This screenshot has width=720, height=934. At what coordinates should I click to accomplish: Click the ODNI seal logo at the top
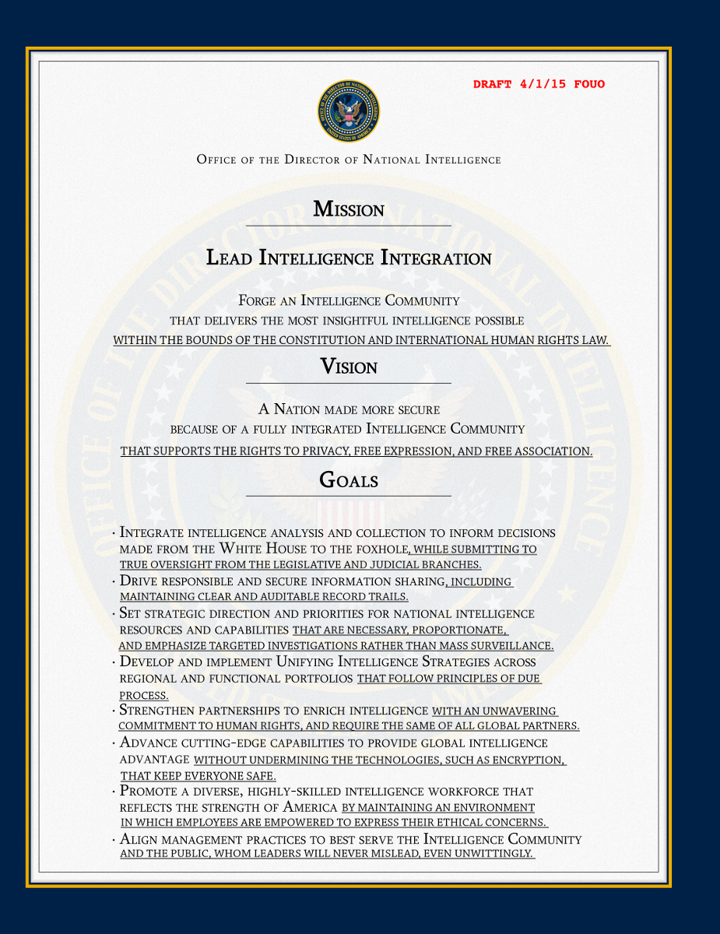pyautogui.click(x=349, y=111)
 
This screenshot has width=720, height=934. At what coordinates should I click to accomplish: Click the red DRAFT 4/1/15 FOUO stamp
pyautogui.click(x=539, y=84)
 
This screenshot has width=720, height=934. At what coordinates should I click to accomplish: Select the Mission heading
pyautogui.click(x=349, y=209)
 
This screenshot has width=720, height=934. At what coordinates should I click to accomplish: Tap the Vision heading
pyautogui.click(x=349, y=367)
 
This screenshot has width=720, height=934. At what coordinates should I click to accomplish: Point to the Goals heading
pyautogui.click(x=349, y=480)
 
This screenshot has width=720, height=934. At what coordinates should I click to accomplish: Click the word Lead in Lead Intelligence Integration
pyautogui.click(x=229, y=258)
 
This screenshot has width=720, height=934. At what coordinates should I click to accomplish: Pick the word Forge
pyautogui.click(x=255, y=300)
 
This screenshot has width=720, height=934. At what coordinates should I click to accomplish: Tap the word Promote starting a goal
pyautogui.click(x=147, y=792)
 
